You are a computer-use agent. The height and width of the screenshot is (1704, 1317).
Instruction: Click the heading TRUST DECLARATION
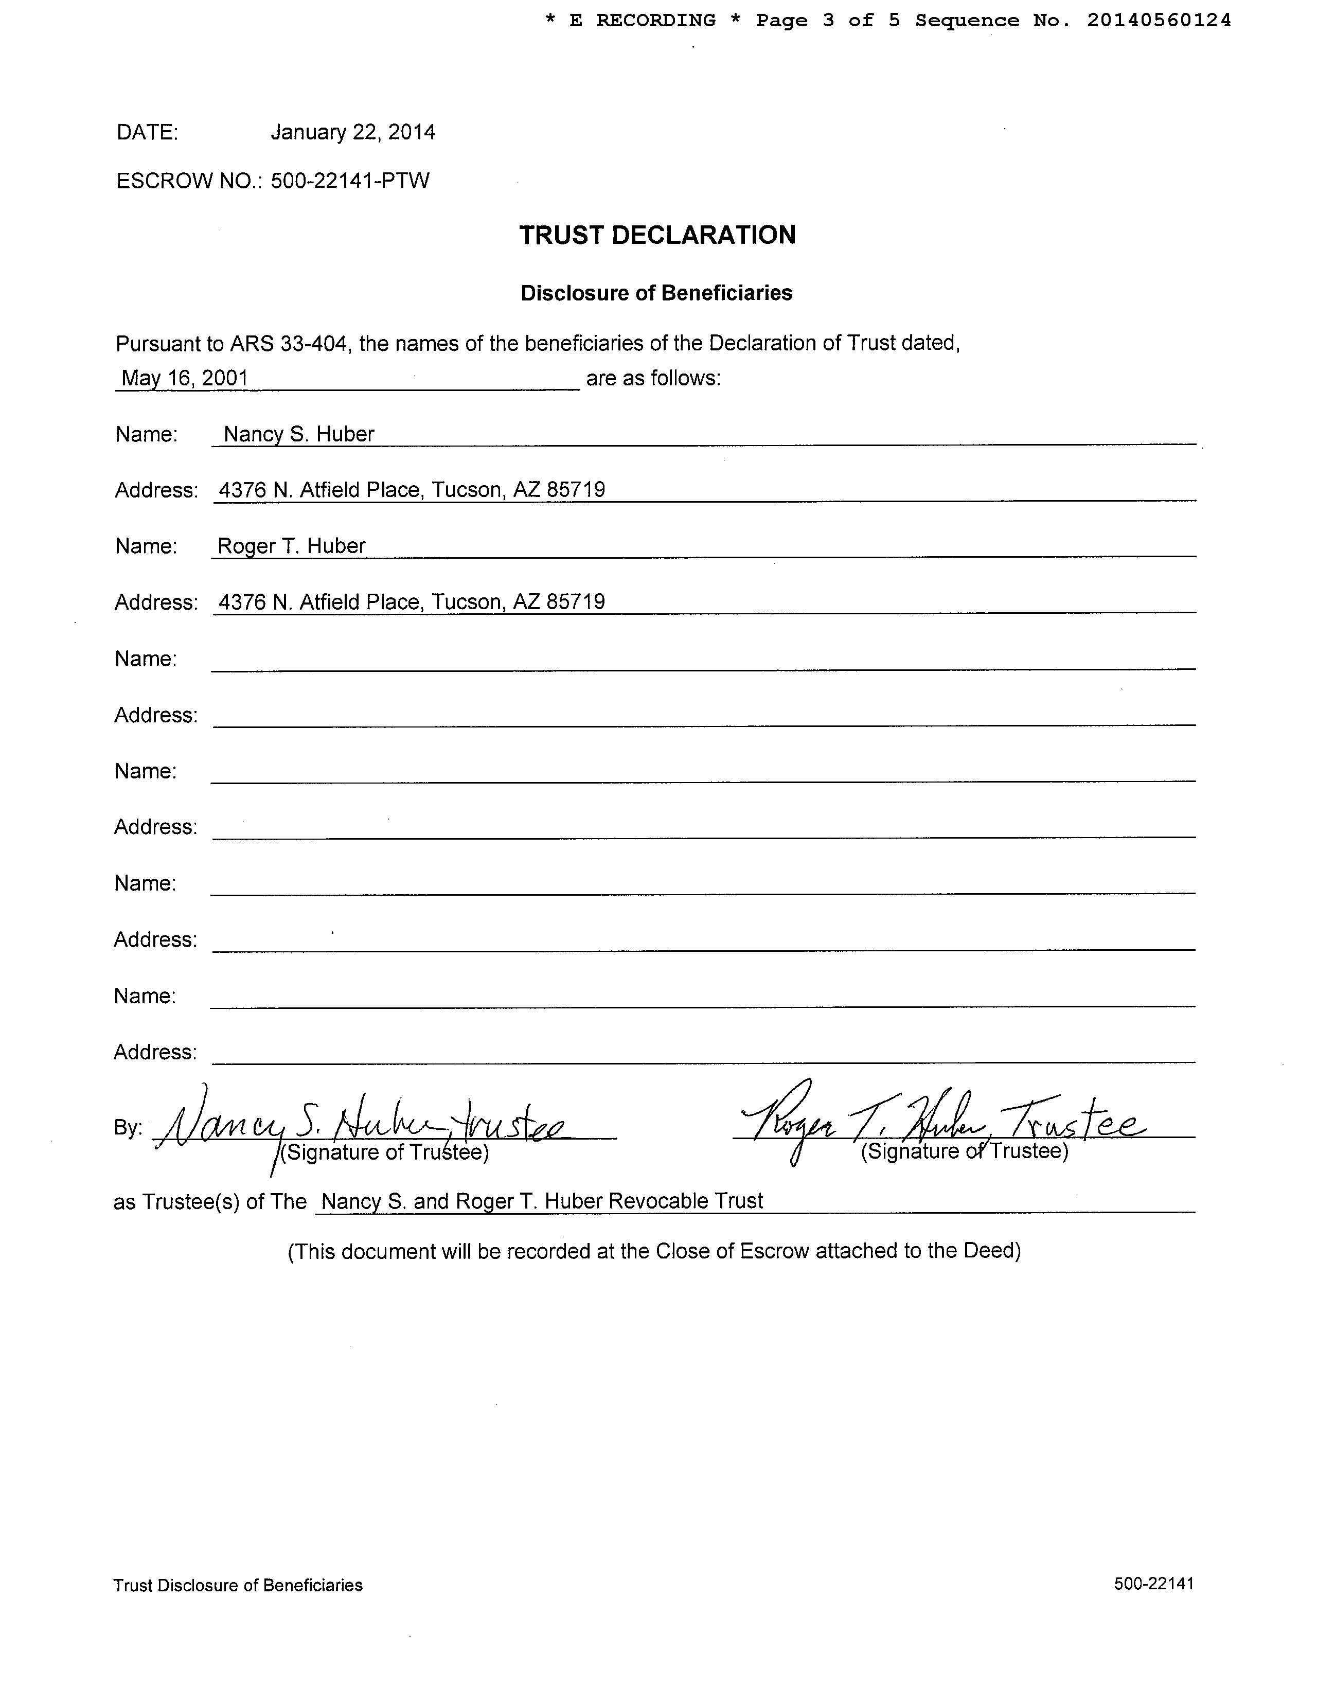657,235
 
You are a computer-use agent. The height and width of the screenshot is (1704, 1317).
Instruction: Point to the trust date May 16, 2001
185,378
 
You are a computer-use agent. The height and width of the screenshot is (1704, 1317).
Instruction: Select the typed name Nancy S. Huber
299,435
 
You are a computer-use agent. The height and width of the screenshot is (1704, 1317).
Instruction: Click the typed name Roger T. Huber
291,546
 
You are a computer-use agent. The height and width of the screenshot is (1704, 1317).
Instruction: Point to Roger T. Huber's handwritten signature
940,1122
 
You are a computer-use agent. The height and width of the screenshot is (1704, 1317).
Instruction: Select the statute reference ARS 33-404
288,343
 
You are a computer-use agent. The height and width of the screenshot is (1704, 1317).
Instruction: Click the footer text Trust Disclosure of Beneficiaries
238,1585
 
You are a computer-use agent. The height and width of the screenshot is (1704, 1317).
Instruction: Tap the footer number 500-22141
1154,1583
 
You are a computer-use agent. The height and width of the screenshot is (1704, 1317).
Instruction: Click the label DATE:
148,133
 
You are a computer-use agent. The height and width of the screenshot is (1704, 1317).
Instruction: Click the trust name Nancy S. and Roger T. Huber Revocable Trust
542,1201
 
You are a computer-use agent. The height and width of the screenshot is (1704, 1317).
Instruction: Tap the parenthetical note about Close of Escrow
654,1251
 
